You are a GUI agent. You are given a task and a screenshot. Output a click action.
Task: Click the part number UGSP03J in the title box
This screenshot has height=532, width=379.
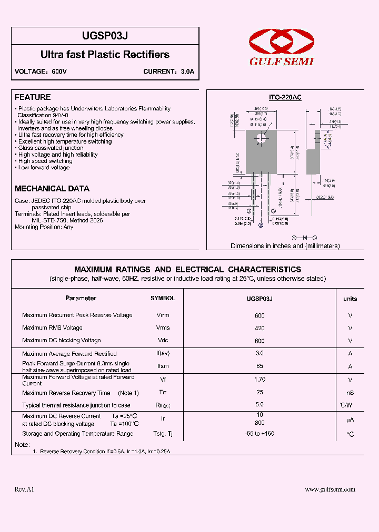105,36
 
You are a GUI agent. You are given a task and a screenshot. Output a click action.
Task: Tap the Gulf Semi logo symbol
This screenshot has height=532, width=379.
281,40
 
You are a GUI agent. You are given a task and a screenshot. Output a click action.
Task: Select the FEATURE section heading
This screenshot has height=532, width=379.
33,97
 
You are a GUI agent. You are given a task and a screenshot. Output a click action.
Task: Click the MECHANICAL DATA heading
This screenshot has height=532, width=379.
52,188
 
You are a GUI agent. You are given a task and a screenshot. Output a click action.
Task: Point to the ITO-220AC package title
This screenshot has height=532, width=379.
285,98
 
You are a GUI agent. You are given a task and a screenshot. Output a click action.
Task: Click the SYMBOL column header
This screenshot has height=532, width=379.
163,298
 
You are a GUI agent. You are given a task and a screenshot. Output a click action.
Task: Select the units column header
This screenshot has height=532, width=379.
350,299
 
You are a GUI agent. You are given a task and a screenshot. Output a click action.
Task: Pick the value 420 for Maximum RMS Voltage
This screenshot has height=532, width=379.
260,328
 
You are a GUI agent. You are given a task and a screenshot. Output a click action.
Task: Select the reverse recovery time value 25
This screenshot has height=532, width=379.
260,392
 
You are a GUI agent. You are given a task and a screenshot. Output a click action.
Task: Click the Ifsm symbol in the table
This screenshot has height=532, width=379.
163,366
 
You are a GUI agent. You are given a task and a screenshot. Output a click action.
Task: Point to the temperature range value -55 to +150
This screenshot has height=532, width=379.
260,434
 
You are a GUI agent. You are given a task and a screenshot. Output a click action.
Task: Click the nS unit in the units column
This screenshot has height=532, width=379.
350,393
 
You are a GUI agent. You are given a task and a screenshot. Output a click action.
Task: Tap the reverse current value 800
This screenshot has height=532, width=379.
260,423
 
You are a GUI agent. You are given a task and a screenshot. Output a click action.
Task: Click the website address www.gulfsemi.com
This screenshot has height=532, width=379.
330,489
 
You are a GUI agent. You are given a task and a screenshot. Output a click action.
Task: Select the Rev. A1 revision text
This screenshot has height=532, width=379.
24,489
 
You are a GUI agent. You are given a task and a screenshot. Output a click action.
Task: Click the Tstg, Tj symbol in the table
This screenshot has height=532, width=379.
163,434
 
